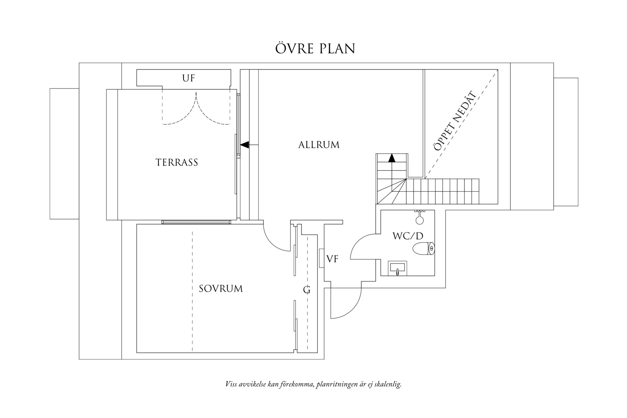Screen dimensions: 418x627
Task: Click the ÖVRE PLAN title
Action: [x=315, y=49]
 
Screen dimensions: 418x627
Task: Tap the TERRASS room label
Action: [x=176, y=162]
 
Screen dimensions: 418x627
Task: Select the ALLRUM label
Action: [x=319, y=145]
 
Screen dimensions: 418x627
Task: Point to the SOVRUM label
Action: [x=221, y=289]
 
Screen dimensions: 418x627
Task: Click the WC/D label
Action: [x=408, y=236]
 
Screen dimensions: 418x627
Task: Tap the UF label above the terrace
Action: [x=188, y=78]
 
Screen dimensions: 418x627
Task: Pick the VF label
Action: [x=332, y=259]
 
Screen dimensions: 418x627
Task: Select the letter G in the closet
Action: [x=307, y=290]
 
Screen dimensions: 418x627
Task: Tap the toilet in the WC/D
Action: [x=424, y=248]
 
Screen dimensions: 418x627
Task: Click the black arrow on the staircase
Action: [x=391, y=158]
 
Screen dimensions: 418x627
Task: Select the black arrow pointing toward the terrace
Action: [x=244, y=144]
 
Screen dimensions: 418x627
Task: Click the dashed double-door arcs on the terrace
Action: [x=196, y=113]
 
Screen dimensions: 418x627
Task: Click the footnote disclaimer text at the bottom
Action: [x=313, y=384]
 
